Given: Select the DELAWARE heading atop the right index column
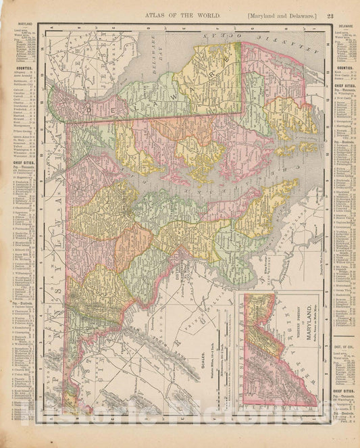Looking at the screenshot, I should [344, 26].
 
